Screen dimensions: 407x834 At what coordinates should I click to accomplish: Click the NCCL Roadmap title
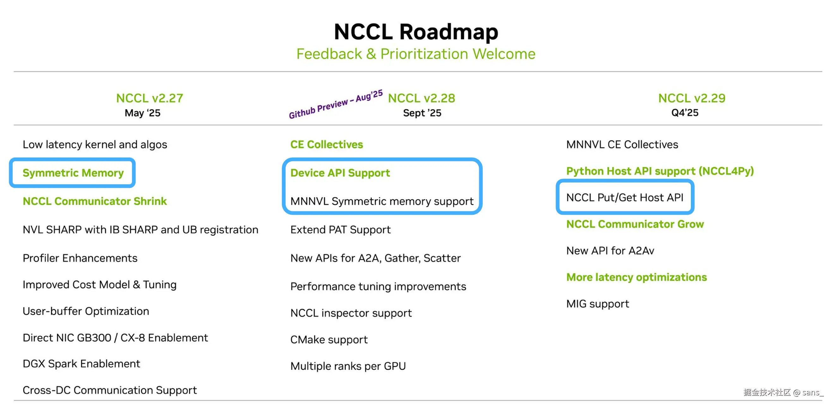pos(416,32)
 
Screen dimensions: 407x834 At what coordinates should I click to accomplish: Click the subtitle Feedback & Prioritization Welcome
pos(416,54)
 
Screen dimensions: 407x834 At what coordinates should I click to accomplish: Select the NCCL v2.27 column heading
pos(149,98)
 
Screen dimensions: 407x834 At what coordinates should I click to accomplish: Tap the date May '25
pos(142,113)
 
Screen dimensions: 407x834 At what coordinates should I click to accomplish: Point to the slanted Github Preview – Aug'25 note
pos(336,104)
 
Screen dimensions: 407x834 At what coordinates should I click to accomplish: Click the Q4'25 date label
pos(685,113)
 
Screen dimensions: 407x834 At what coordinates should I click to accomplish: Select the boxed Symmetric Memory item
pos(73,173)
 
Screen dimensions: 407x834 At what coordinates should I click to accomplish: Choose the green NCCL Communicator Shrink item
pos(94,201)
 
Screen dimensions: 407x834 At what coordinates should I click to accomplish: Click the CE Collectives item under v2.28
pos(326,145)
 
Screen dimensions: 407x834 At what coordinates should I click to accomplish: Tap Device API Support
pos(340,173)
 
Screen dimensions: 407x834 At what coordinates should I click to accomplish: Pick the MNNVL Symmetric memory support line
pos(382,201)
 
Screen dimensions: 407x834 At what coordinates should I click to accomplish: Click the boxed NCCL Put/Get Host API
pos(625,197)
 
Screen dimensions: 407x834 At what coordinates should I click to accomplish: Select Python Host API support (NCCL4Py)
pos(660,171)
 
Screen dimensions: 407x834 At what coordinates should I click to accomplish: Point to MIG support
pos(597,304)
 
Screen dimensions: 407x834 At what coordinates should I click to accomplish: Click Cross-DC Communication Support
pos(109,390)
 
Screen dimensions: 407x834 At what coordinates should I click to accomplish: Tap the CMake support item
pos(329,340)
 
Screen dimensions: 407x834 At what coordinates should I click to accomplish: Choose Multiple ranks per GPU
pos(348,366)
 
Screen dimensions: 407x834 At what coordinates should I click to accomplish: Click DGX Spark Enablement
pos(81,364)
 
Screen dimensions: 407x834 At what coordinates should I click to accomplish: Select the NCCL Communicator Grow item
pos(635,224)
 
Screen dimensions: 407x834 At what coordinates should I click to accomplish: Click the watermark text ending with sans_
pos(783,392)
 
